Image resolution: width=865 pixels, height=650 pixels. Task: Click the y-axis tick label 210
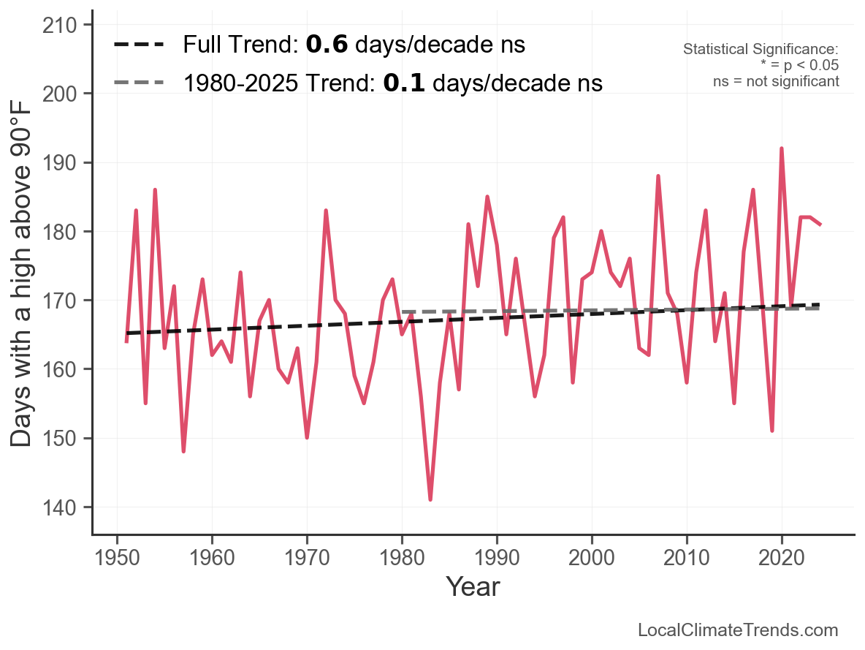click(x=59, y=25)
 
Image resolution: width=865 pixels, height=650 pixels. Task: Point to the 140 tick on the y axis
click(x=59, y=507)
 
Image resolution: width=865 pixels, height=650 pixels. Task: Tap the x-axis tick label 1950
click(x=117, y=558)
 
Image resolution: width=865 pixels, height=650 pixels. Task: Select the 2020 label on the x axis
click(x=782, y=558)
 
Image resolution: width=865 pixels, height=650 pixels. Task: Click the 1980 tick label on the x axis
click(x=402, y=558)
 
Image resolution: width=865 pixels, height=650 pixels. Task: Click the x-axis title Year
click(x=473, y=586)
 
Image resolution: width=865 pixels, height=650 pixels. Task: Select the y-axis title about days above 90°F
click(x=21, y=275)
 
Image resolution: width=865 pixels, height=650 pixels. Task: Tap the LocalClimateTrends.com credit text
click(x=738, y=630)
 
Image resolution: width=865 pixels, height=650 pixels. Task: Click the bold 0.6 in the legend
click(x=327, y=44)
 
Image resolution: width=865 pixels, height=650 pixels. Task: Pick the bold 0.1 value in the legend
click(x=404, y=83)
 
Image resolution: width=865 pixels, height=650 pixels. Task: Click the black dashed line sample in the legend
click(x=139, y=44)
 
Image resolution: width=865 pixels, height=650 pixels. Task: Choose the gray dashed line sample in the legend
click(x=139, y=83)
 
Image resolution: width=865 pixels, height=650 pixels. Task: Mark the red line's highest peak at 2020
click(x=782, y=148)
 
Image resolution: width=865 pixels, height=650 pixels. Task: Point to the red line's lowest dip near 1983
click(x=430, y=499)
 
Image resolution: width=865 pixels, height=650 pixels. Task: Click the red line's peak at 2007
click(x=658, y=176)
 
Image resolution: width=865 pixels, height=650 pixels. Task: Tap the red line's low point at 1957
click(x=183, y=451)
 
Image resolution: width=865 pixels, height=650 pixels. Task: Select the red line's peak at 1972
click(x=326, y=211)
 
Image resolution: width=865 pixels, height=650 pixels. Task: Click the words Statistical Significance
click(x=761, y=49)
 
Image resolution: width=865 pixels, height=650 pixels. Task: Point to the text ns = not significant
click(x=776, y=81)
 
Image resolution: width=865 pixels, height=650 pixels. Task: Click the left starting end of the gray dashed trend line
click(x=402, y=311)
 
